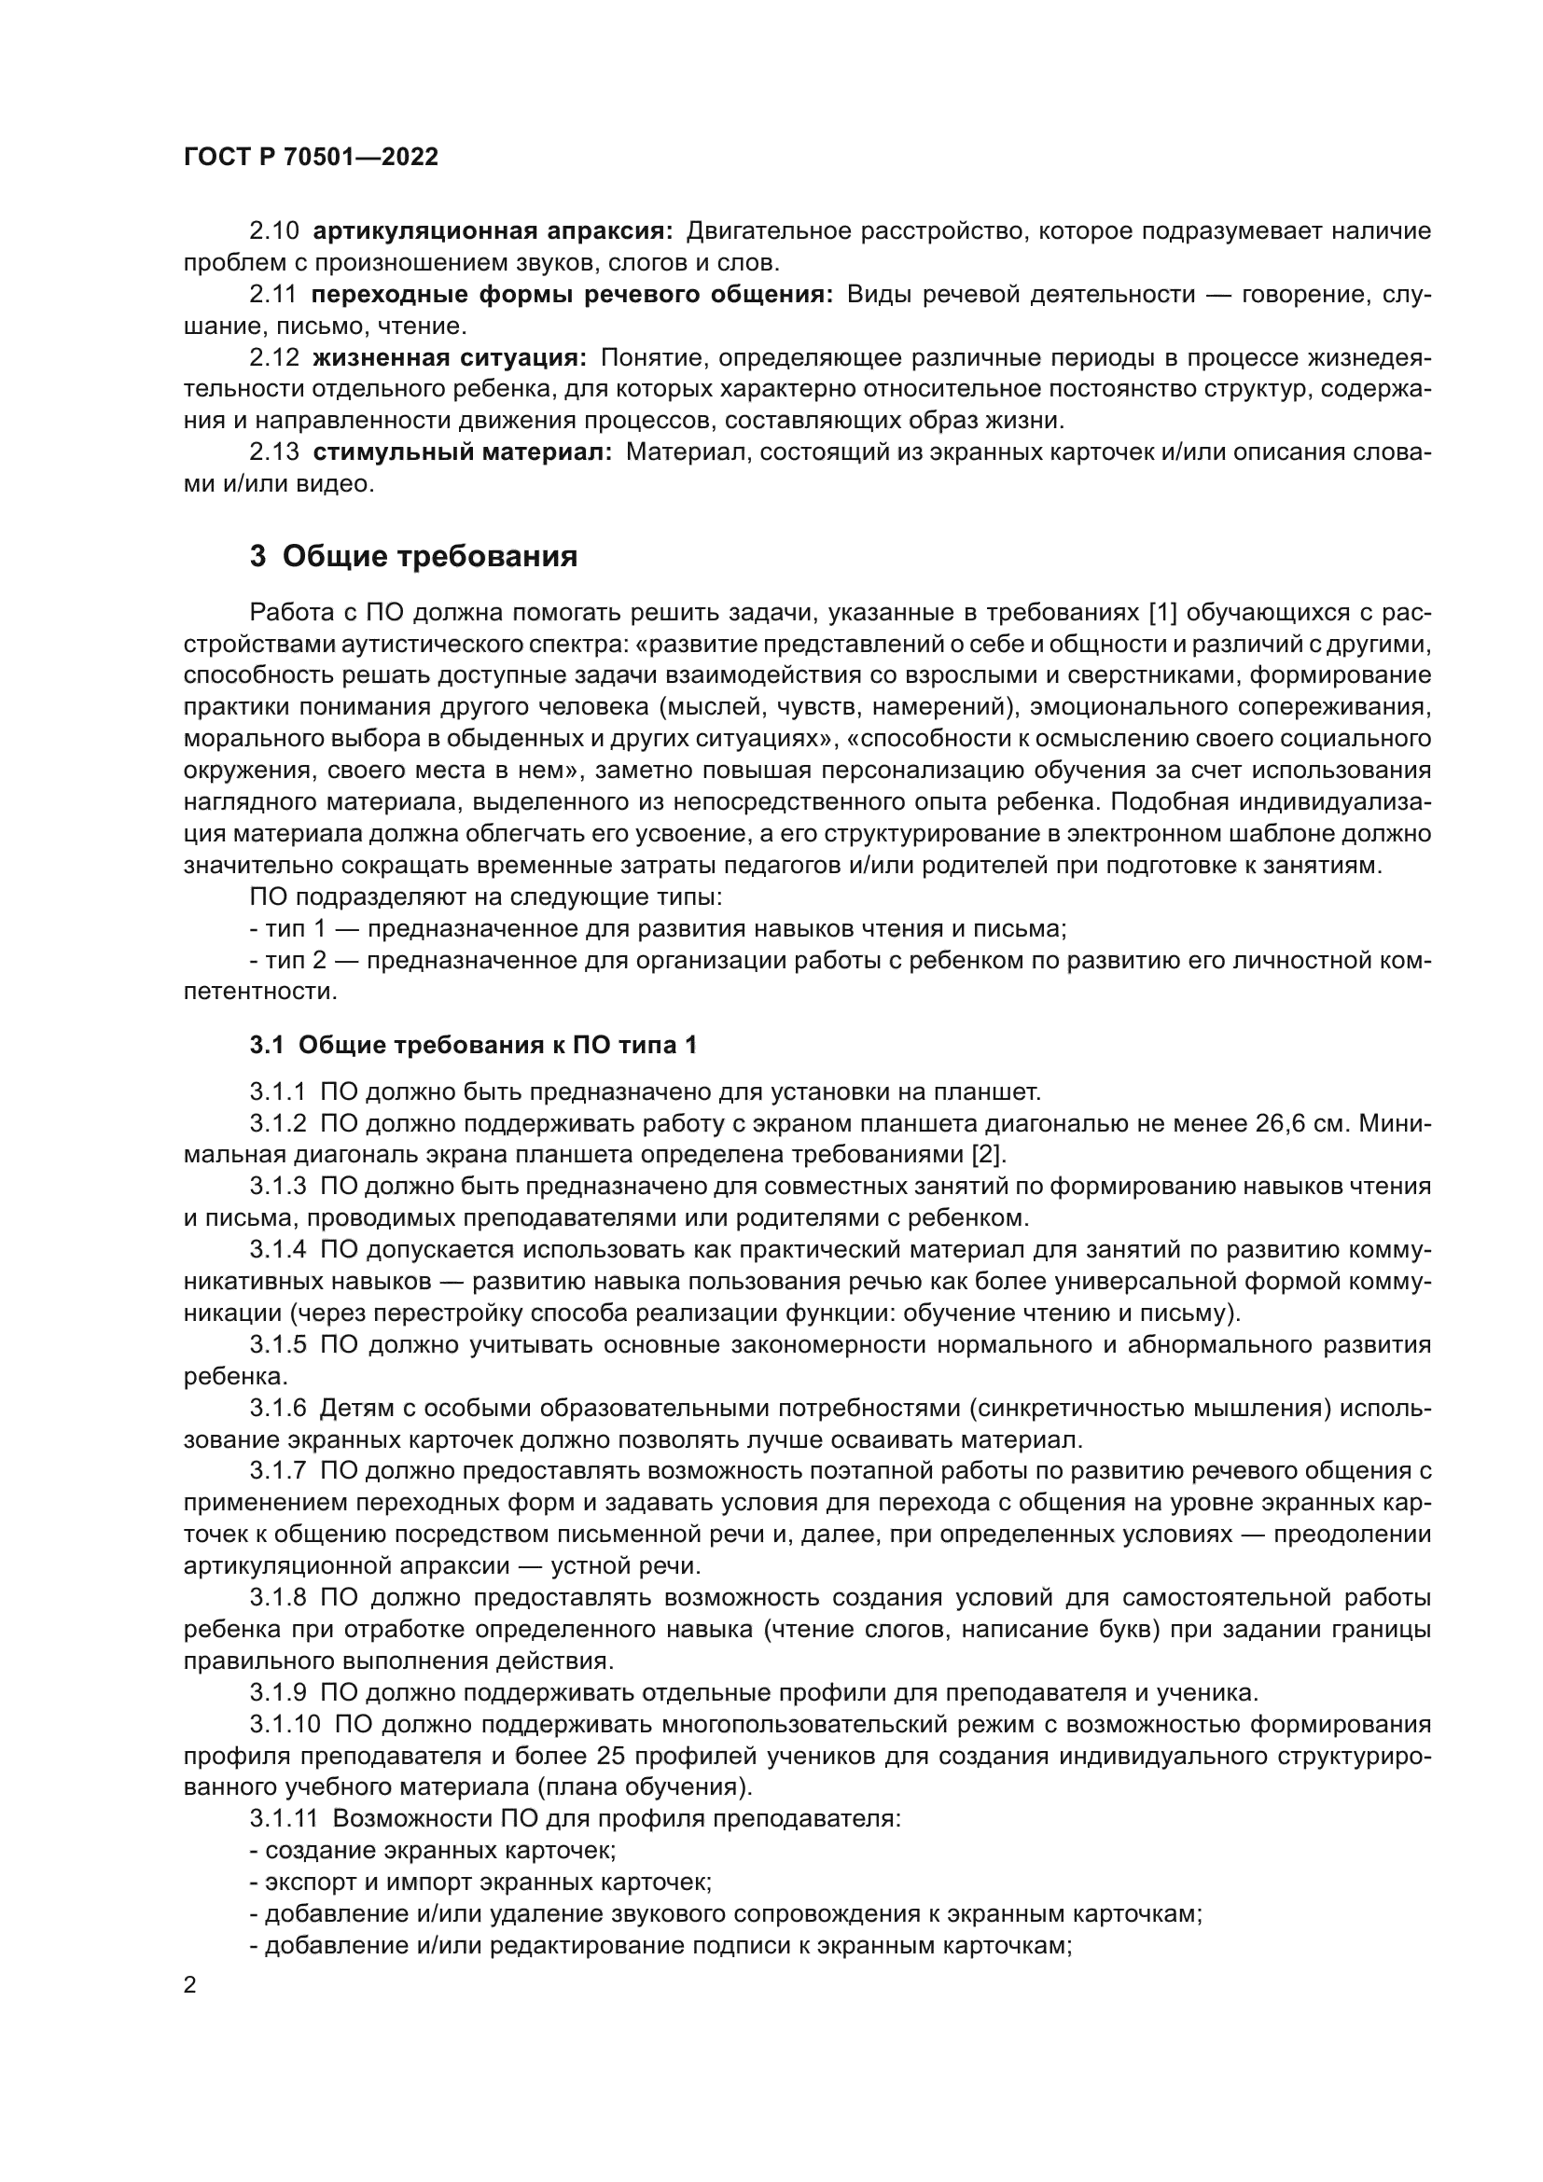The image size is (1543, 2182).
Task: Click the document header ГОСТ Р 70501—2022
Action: coord(311,158)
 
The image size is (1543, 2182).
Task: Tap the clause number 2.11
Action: coord(273,295)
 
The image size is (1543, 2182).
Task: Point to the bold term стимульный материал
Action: coord(463,452)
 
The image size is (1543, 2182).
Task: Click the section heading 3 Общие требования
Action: coord(413,556)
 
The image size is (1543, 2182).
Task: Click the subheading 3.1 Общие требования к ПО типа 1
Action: coord(473,1046)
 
